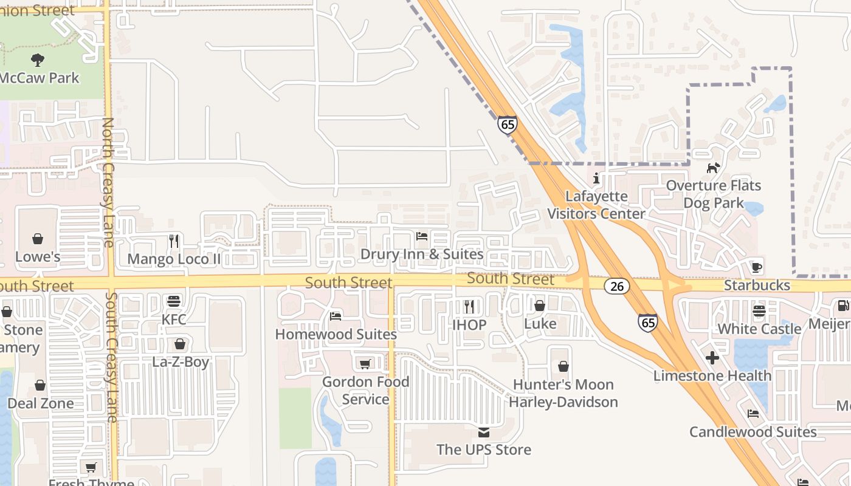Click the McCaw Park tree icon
38,60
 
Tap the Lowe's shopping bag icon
38,239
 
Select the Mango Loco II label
174,259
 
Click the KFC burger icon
174,301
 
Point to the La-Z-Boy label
180,362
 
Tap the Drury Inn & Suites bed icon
422,236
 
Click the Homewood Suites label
336,334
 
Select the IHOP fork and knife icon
469,306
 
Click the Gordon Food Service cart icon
365,364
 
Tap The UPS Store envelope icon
484,432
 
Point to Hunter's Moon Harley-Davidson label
563,393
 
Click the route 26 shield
616,286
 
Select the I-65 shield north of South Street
507,125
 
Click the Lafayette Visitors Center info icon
596,179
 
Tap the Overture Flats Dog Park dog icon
713,167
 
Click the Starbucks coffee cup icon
756,267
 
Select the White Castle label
759,329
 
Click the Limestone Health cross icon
712,358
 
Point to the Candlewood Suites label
753,432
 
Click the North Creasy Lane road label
108,182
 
